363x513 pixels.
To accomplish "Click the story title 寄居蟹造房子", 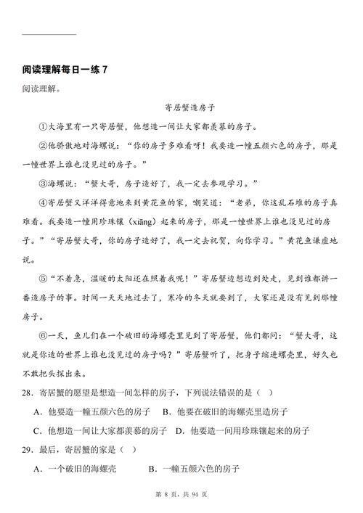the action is [x=181, y=107].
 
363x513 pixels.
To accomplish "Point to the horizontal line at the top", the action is [x=49, y=33].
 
